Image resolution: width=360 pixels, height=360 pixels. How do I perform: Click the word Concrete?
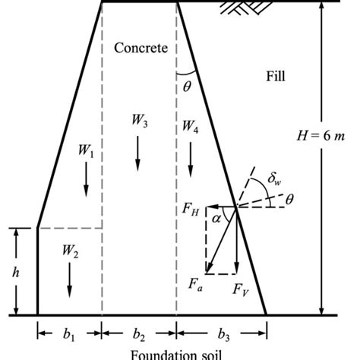tap(141, 48)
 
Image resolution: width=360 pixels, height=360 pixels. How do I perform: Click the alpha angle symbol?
tap(217, 218)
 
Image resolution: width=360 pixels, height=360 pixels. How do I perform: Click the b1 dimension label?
tap(69, 335)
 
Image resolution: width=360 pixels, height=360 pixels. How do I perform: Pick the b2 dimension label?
tap(139, 335)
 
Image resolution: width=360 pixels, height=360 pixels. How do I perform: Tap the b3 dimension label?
tap(222, 335)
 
